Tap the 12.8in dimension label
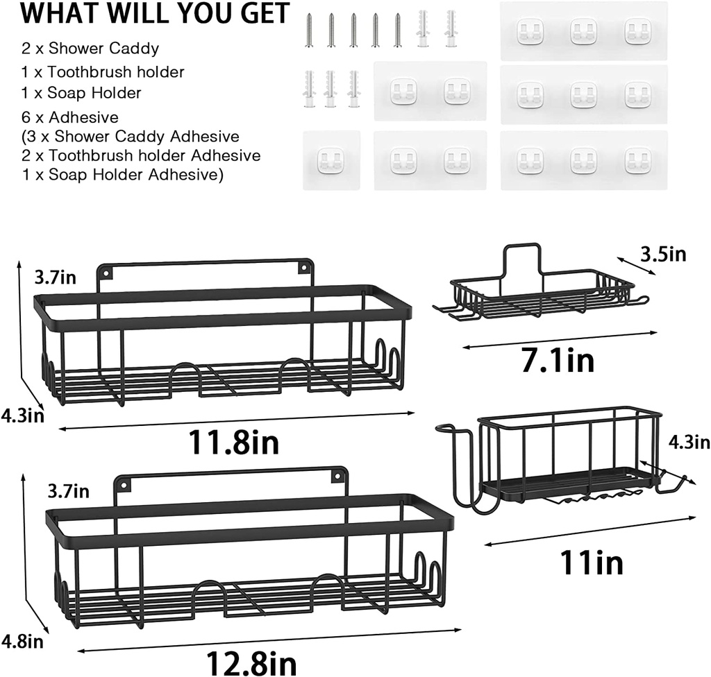pyautogui.click(x=251, y=663)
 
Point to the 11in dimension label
pyautogui.click(x=592, y=562)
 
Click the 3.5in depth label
pyautogui.click(x=663, y=254)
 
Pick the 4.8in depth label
pyautogui.click(x=23, y=642)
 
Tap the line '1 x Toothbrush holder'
pyautogui.click(x=103, y=72)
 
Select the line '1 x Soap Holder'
pyautogui.click(x=82, y=93)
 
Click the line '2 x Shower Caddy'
pyautogui.click(x=90, y=49)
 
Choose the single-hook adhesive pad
pyautogui.click(x=331, y=160)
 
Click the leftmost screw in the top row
pyautogui.click(x=309, y=31)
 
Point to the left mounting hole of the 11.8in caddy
pyautogui.click(x=106, y=274)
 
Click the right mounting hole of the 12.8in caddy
pyautogui.click(x=337, y=476)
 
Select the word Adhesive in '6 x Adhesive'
pyautogui.click(x=83, y=118)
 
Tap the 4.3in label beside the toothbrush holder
pyautogui.click(x=689, y=443)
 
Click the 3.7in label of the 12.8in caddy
pyautogui.click(x=68, y=492)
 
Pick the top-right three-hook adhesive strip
pyautogui.click(x=584, y=31)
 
